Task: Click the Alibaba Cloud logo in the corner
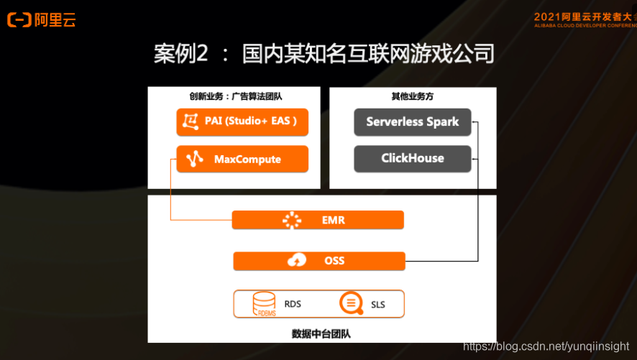click(x=41, y=20)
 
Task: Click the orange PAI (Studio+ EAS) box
click(x=242, y=121)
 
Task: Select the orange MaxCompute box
click(x=242, y=160)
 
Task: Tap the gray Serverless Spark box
click(x=413, y=122)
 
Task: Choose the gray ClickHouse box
click(x=413, y=159)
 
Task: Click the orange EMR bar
click(x=318, y=220)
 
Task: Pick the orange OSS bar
click(x=319, y=260)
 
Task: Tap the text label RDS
click(x=293, y=304)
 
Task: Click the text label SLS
click(x=378, y=305)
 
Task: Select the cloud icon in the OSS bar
click(x=296, y=260)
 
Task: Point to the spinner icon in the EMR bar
click(x=291, y=220)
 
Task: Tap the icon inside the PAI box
click(x=190, y=121)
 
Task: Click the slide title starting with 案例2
click(x=324, y=54)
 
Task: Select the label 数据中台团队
click(x=321, y=334)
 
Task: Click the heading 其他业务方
click(x=412, y=96)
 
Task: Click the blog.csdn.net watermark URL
click(x=546, y=348)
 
